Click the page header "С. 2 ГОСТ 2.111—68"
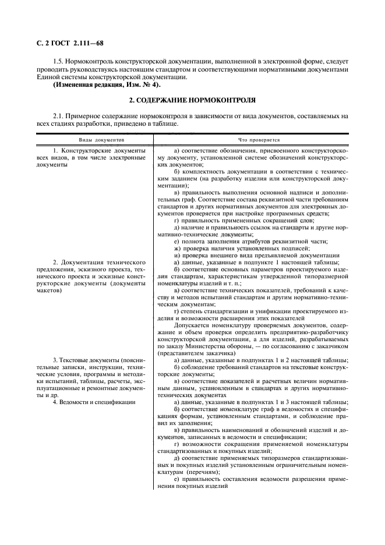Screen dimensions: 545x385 (x=70, y=42)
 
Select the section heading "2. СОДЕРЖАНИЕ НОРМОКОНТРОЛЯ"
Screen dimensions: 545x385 (x=192, y=100)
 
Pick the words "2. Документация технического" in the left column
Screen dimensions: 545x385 (x=99, y=263)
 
